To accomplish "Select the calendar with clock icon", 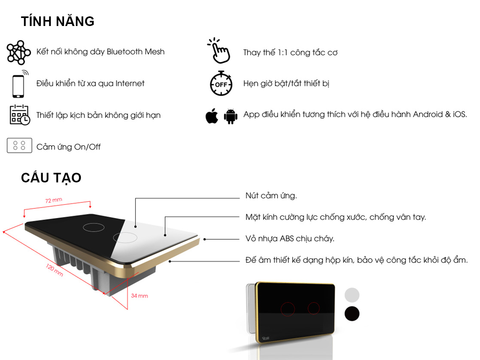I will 19,115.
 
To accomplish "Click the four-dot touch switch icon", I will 19,146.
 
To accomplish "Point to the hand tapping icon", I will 219,51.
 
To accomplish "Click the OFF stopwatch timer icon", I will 220,84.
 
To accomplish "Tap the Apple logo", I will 212,116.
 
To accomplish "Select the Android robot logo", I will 230,116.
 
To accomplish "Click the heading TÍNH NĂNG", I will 58,21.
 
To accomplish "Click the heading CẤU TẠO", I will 51,178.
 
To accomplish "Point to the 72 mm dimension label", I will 54,201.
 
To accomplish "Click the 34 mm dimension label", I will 140,296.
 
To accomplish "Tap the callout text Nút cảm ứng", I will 271,196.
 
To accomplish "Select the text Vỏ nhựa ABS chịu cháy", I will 290,239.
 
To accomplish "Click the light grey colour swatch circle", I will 352,295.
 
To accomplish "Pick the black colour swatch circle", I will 352,313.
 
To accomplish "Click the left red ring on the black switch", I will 288,308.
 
